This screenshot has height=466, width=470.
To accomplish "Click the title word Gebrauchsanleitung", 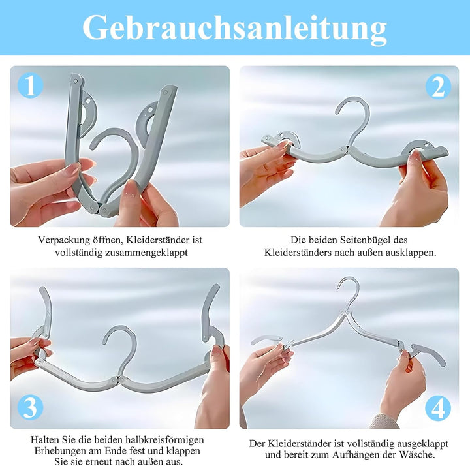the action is point(235,28).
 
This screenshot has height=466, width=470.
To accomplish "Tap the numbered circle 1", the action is point(30,85).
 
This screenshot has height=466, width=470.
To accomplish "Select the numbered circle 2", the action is point(438,86).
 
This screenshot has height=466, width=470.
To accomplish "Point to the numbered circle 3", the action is point(30,407).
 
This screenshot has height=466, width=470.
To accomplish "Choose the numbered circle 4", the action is point(438,408).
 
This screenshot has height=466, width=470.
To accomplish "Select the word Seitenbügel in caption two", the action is point(366,240).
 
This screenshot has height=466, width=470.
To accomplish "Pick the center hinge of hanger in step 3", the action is point(118,380).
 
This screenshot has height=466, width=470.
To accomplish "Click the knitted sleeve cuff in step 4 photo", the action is point(384,422).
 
